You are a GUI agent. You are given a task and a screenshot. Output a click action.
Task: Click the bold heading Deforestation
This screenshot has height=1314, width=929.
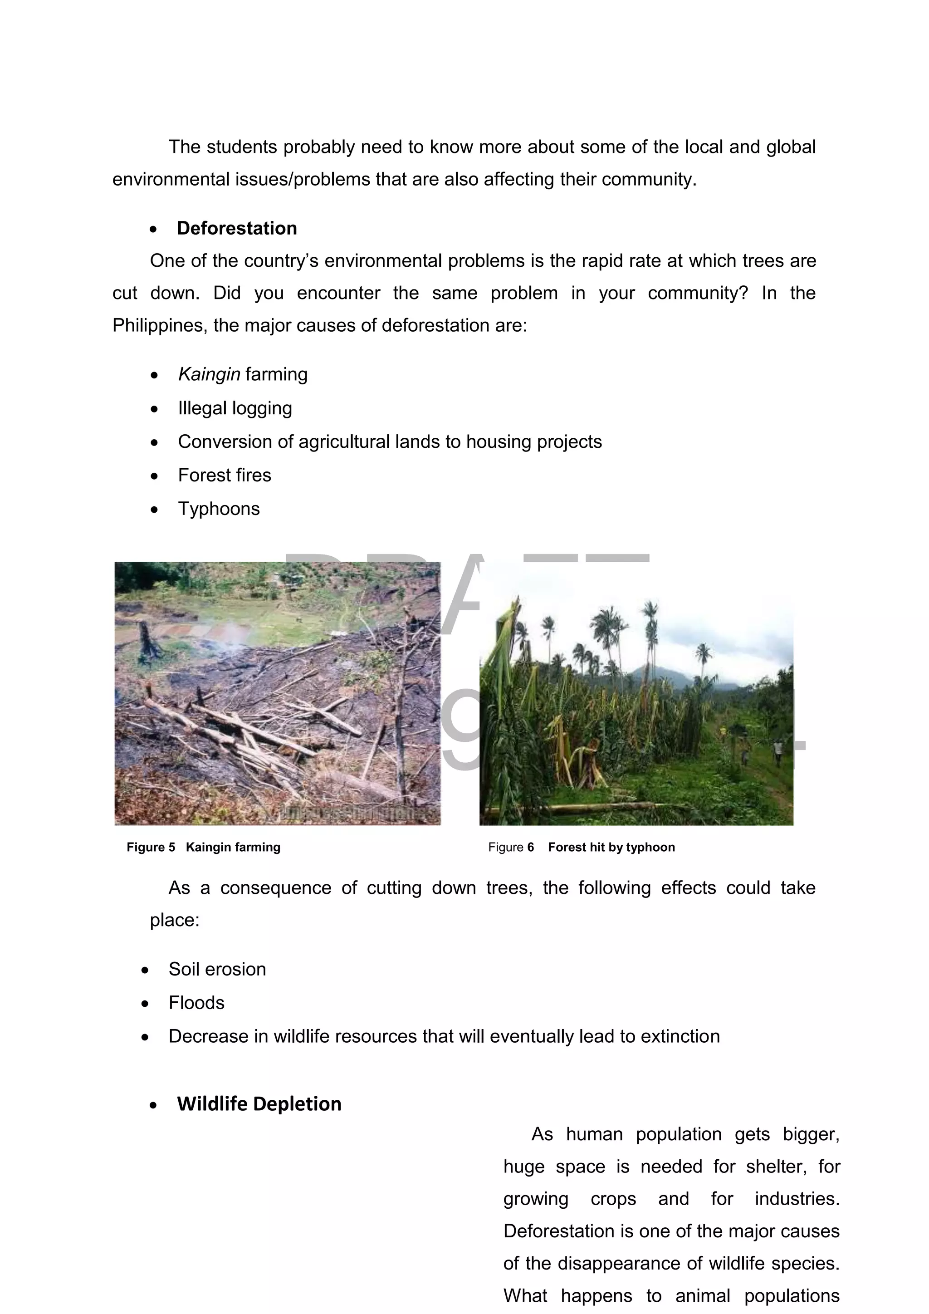coord(237,228)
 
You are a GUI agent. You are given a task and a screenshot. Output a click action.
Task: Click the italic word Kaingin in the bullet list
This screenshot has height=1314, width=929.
coord(209,374)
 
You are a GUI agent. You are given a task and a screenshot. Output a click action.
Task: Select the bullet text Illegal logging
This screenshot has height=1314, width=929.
coord(235,408)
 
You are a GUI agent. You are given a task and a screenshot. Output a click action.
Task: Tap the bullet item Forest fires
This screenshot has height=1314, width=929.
coord(224,475)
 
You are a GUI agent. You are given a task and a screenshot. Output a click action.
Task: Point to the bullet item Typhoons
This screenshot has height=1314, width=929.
coord(219,509)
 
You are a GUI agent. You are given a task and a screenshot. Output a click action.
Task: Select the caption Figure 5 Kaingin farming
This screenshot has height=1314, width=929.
coord(204,847)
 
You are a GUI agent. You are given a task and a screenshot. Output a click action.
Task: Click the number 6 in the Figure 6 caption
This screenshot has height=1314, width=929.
coord(530,847)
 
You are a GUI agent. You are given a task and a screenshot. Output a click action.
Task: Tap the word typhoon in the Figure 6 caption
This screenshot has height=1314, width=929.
coord(654,847)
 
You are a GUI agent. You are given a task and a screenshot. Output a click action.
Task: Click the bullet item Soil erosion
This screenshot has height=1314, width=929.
coord(217,969)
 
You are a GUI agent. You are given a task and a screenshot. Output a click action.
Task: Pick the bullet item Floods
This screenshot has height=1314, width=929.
coord(196,1003)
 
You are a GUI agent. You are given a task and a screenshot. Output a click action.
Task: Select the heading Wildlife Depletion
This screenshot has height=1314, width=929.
coord(259,1104)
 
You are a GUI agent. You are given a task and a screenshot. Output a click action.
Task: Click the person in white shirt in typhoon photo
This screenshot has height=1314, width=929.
coord(777,746)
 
